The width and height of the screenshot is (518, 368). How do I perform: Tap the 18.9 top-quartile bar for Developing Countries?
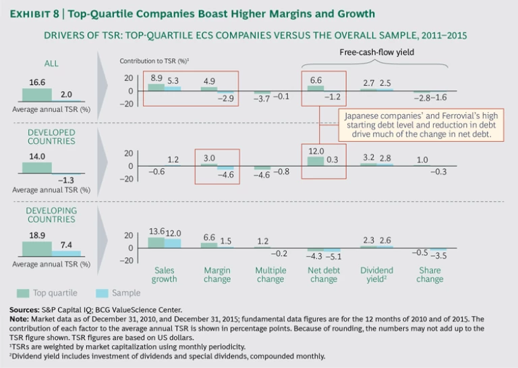tap(32, 248)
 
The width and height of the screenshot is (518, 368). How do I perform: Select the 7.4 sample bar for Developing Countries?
tap(66, 254)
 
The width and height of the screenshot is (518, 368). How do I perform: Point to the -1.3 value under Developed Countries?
tap(65, 180)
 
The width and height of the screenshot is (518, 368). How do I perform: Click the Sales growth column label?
tap(165, 275)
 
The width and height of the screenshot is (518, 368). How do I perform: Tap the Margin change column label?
tap(218, 275)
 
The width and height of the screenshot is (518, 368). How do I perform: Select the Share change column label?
tap(430, 275)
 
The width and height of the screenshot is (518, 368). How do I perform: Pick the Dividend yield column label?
tap(377, 275)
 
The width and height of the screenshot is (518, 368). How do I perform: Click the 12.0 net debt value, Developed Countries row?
tap(316, 151)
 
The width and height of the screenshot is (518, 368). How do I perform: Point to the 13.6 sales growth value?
tap(156, 232)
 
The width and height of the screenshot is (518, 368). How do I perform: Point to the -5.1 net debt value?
tap(333, 257)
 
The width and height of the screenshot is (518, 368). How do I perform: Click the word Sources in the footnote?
tap(25, 309)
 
